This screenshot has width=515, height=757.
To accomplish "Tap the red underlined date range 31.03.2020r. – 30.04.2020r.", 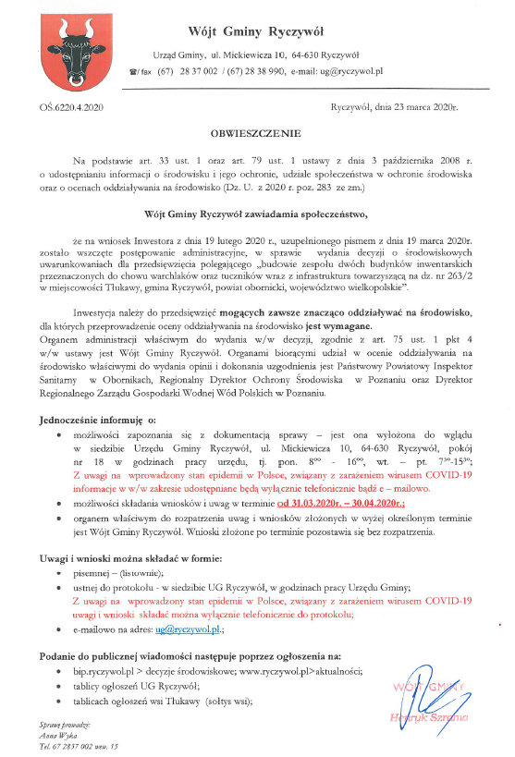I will pos(342,504).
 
